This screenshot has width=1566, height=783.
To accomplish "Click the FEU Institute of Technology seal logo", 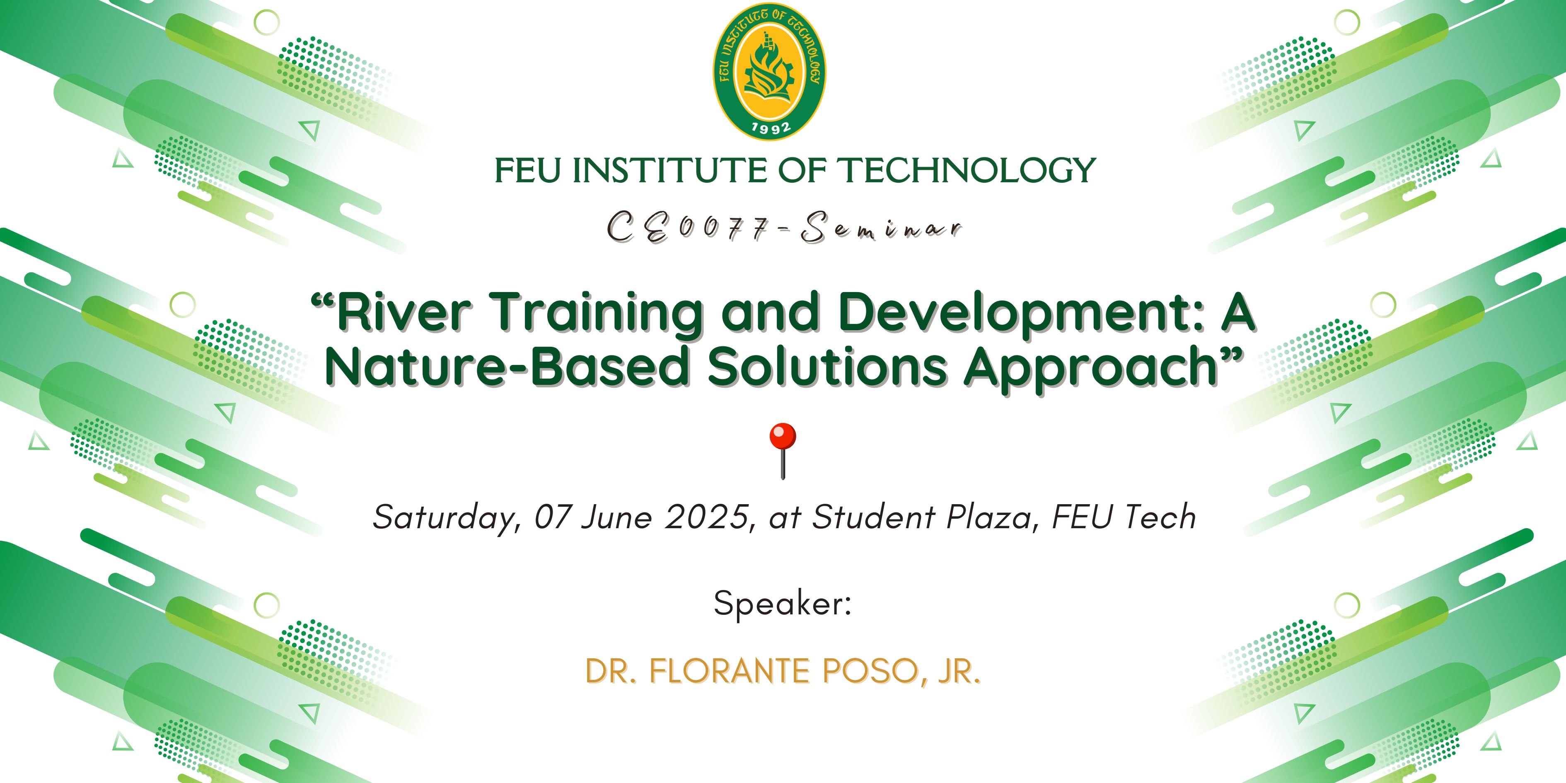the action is (770, 72).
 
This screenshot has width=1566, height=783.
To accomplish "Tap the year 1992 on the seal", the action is (771, 127).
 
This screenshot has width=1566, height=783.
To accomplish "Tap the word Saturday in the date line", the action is (445, 518).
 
